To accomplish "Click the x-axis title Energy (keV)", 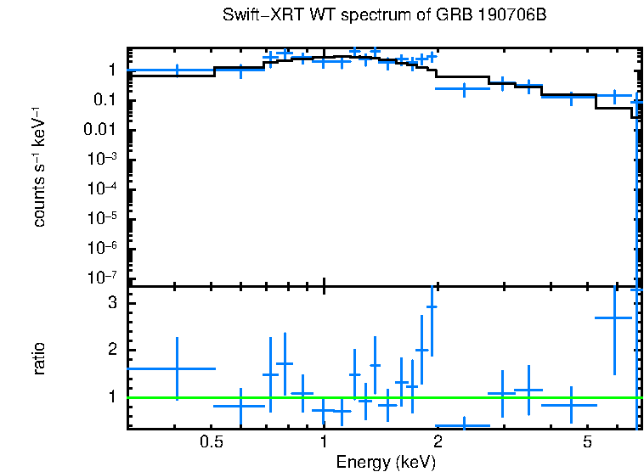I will click(386, 462).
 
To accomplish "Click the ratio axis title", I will click(40, 358).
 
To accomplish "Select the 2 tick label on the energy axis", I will click(437, 442).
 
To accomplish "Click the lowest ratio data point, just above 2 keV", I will click(463, 425).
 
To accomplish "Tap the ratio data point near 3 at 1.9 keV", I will click(432, 306).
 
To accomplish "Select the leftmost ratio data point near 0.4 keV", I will click(177, 368).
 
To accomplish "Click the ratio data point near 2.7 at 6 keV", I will click(613, 317).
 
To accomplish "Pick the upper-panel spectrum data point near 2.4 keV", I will click(463, 87).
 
